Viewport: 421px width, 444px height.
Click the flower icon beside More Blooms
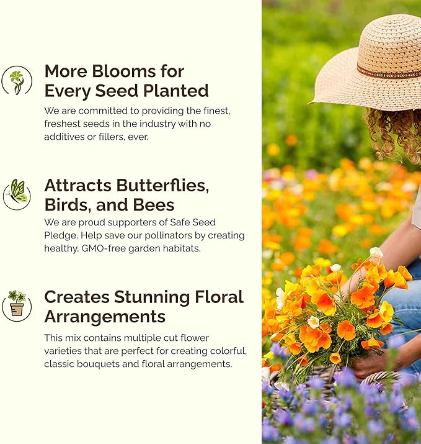[x=16, y=81]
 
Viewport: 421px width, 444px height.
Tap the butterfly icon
[x=16, y=194]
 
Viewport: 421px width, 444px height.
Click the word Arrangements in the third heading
[x=105, y=316]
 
